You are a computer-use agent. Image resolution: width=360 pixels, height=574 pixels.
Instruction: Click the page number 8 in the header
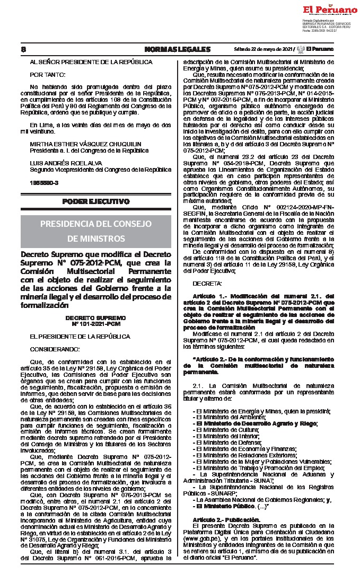pos(23,49)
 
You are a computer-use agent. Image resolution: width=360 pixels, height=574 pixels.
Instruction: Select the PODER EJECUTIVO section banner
pos(95,201)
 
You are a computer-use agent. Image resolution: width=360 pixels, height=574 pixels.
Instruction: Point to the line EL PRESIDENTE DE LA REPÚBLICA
pos(80,337)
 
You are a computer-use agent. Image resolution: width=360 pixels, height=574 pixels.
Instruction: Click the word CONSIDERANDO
pos(52,350)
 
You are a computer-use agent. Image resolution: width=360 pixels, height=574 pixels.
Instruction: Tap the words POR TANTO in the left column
pos(48,74)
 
